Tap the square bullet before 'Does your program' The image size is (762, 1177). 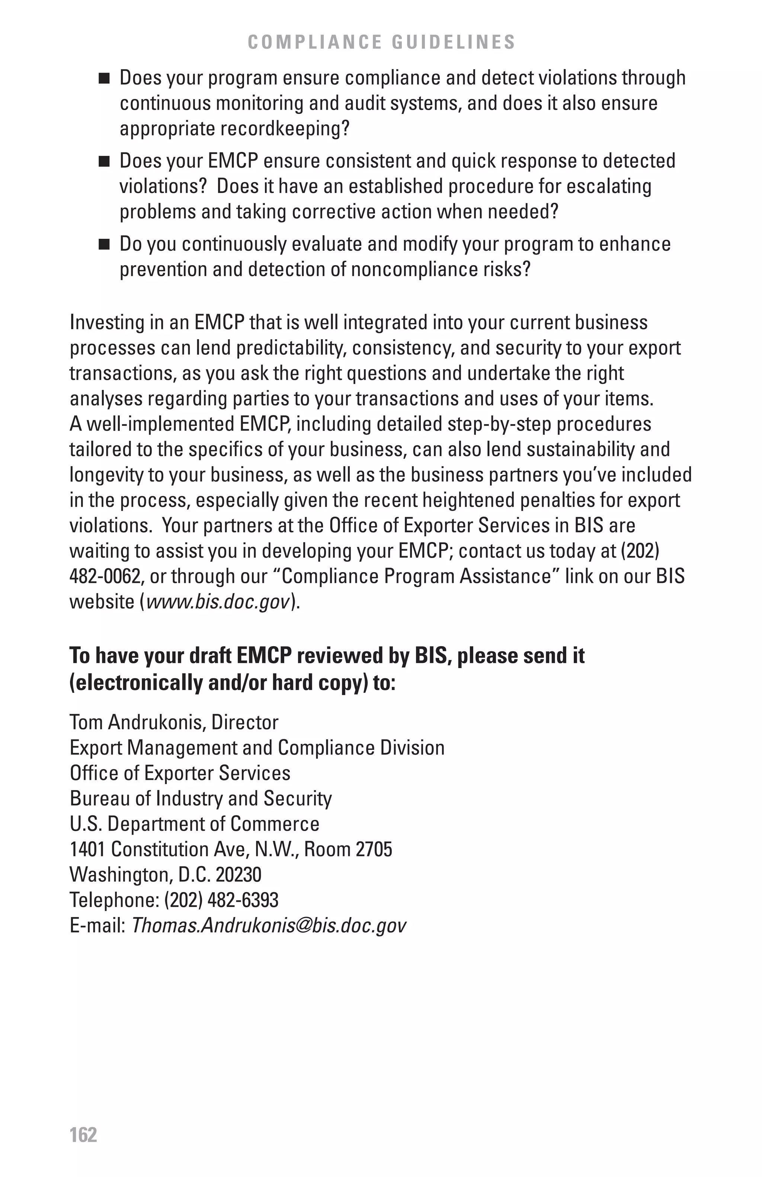tap(103, 78)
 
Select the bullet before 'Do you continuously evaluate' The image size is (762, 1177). tap(103, 245)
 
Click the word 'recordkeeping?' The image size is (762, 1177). tap(284, 129)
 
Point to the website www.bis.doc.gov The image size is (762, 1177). tap(218, 602)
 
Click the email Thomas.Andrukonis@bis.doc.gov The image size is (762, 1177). tap(269, 925)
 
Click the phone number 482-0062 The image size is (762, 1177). tap(104, 577)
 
